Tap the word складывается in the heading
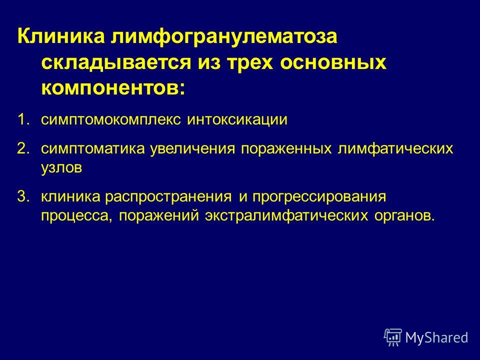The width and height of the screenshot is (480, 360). click(x=115, y=63)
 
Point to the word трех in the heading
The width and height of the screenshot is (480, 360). click(x=250, y=63)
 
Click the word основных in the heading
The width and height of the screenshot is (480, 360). click(x=333, y=63)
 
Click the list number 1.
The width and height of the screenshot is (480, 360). click(x=24, y=119)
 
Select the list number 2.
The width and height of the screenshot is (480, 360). click(x=24, y=148)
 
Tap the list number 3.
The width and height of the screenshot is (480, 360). click(x=24, y=197)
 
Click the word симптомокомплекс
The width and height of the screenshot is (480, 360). click(x=111, y=119)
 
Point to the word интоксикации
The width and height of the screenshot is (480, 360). click(x=237, y=119)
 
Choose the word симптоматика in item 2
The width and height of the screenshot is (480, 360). click(x=93, y=149)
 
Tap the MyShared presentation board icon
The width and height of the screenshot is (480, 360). click(x=393, y=337)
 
